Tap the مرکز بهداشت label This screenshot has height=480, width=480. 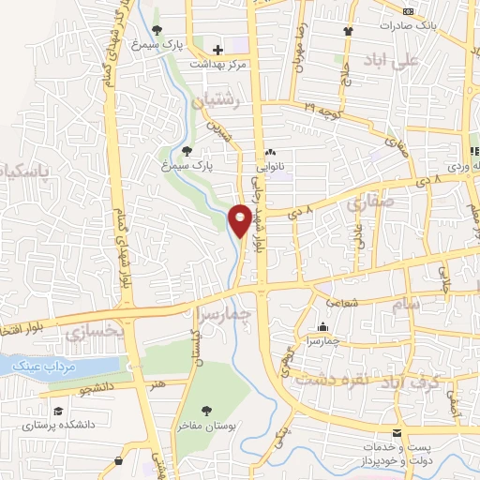tap(217, 65)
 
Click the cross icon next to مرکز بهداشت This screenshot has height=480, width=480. tap(217, 50)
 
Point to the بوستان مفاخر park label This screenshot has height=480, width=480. tap(206, 425)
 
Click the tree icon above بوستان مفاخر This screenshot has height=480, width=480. tap(206, 410)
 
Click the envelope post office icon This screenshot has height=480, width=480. tap(397, 433)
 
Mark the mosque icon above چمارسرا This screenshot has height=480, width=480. tap(322, 327)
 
